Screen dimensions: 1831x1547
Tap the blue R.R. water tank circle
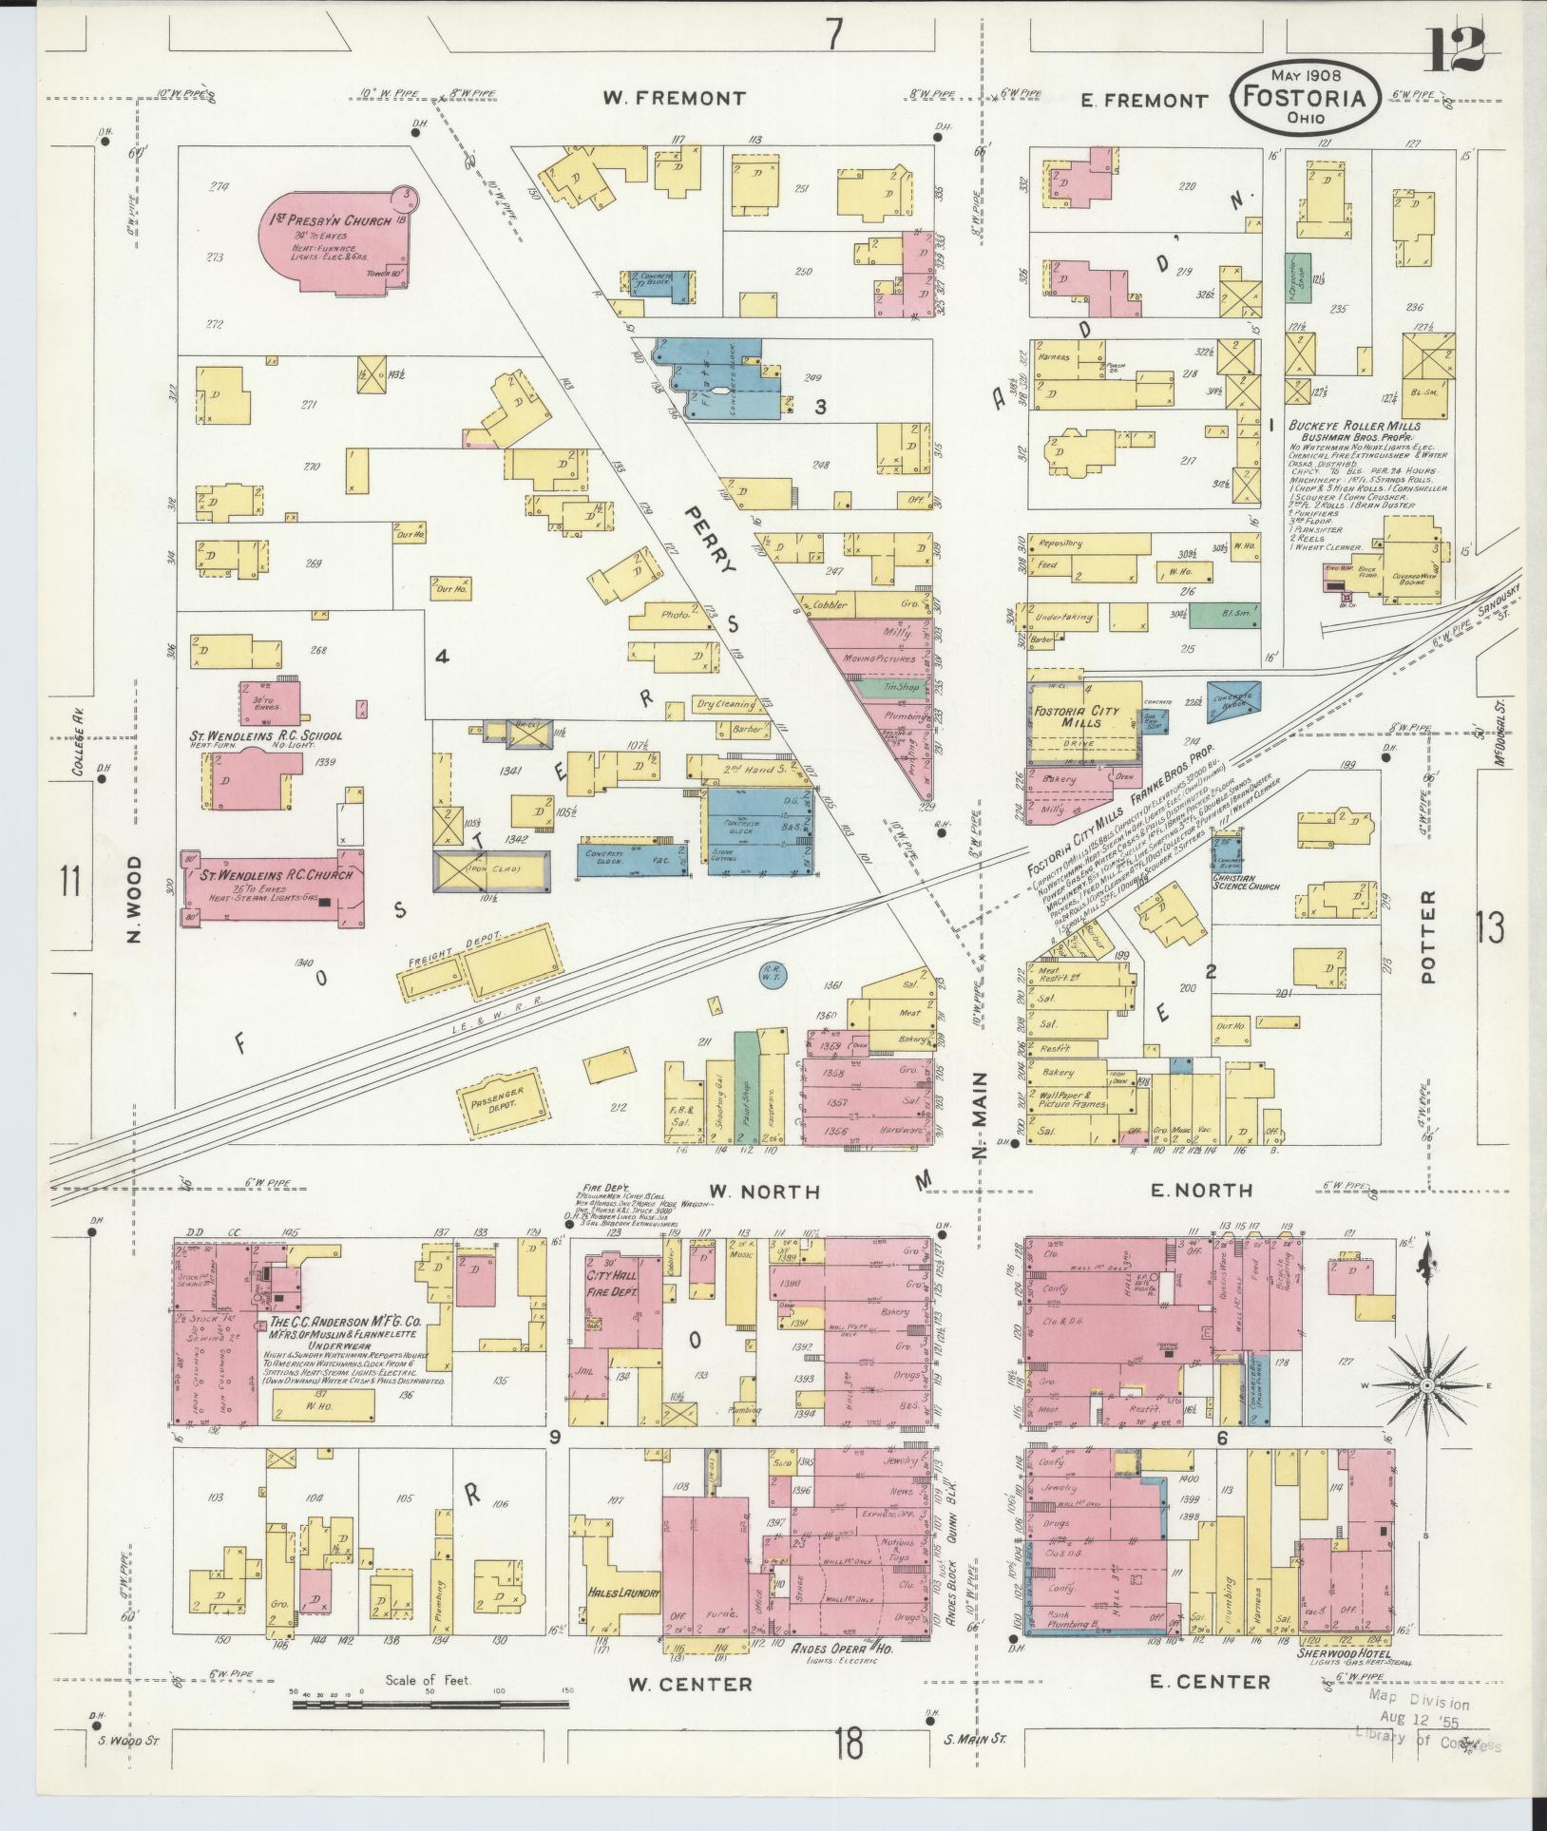[773, 973]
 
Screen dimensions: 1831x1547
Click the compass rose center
[1426, 1386]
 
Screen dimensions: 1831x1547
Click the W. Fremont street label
[675, 98]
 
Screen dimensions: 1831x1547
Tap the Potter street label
[1431, 925]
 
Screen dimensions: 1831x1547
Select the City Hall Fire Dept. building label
[612, 1284]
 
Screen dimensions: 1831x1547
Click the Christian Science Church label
[1245, 881]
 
